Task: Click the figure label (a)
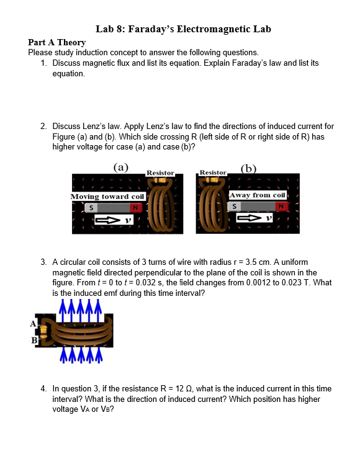pos(121,167)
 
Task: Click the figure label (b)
pos(250,167)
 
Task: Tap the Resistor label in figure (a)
pos(160,172)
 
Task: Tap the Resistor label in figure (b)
pos(213,172)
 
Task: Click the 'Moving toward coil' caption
pos(107,197)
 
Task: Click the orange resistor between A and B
pos(43,331)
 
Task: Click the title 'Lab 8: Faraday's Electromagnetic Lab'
pos(184,29)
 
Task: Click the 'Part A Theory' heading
pos(57,42)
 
